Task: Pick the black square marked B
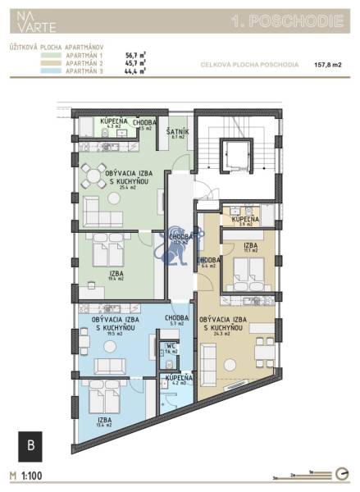point(30,446)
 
